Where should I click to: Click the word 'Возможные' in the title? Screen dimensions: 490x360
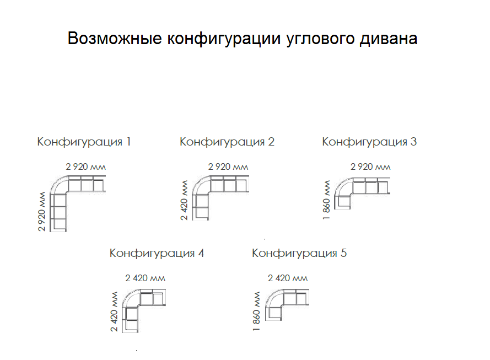point(115,39)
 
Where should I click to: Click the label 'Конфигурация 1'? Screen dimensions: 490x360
point(84,142)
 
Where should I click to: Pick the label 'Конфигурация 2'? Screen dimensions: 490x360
point(227,142)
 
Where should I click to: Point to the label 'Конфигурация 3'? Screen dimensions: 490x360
point(369,142)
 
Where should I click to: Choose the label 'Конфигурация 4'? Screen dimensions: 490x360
point(157,254)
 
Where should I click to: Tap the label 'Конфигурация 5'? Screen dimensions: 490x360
point(299,254)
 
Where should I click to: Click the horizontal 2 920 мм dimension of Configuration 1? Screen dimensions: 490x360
point(85,167)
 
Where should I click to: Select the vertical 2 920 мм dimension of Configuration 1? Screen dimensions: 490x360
point(41,212)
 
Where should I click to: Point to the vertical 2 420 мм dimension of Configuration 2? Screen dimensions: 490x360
point(184,200)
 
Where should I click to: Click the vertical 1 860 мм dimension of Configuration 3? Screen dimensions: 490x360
point(326,200)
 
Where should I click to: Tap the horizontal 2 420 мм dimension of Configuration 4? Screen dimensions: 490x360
point(146,278)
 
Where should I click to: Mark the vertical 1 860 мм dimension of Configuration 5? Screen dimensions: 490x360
point(256,311)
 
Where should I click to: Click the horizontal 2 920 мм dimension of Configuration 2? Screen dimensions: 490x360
point(228,167)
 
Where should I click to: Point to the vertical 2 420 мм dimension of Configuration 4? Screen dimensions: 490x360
point(114,311)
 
